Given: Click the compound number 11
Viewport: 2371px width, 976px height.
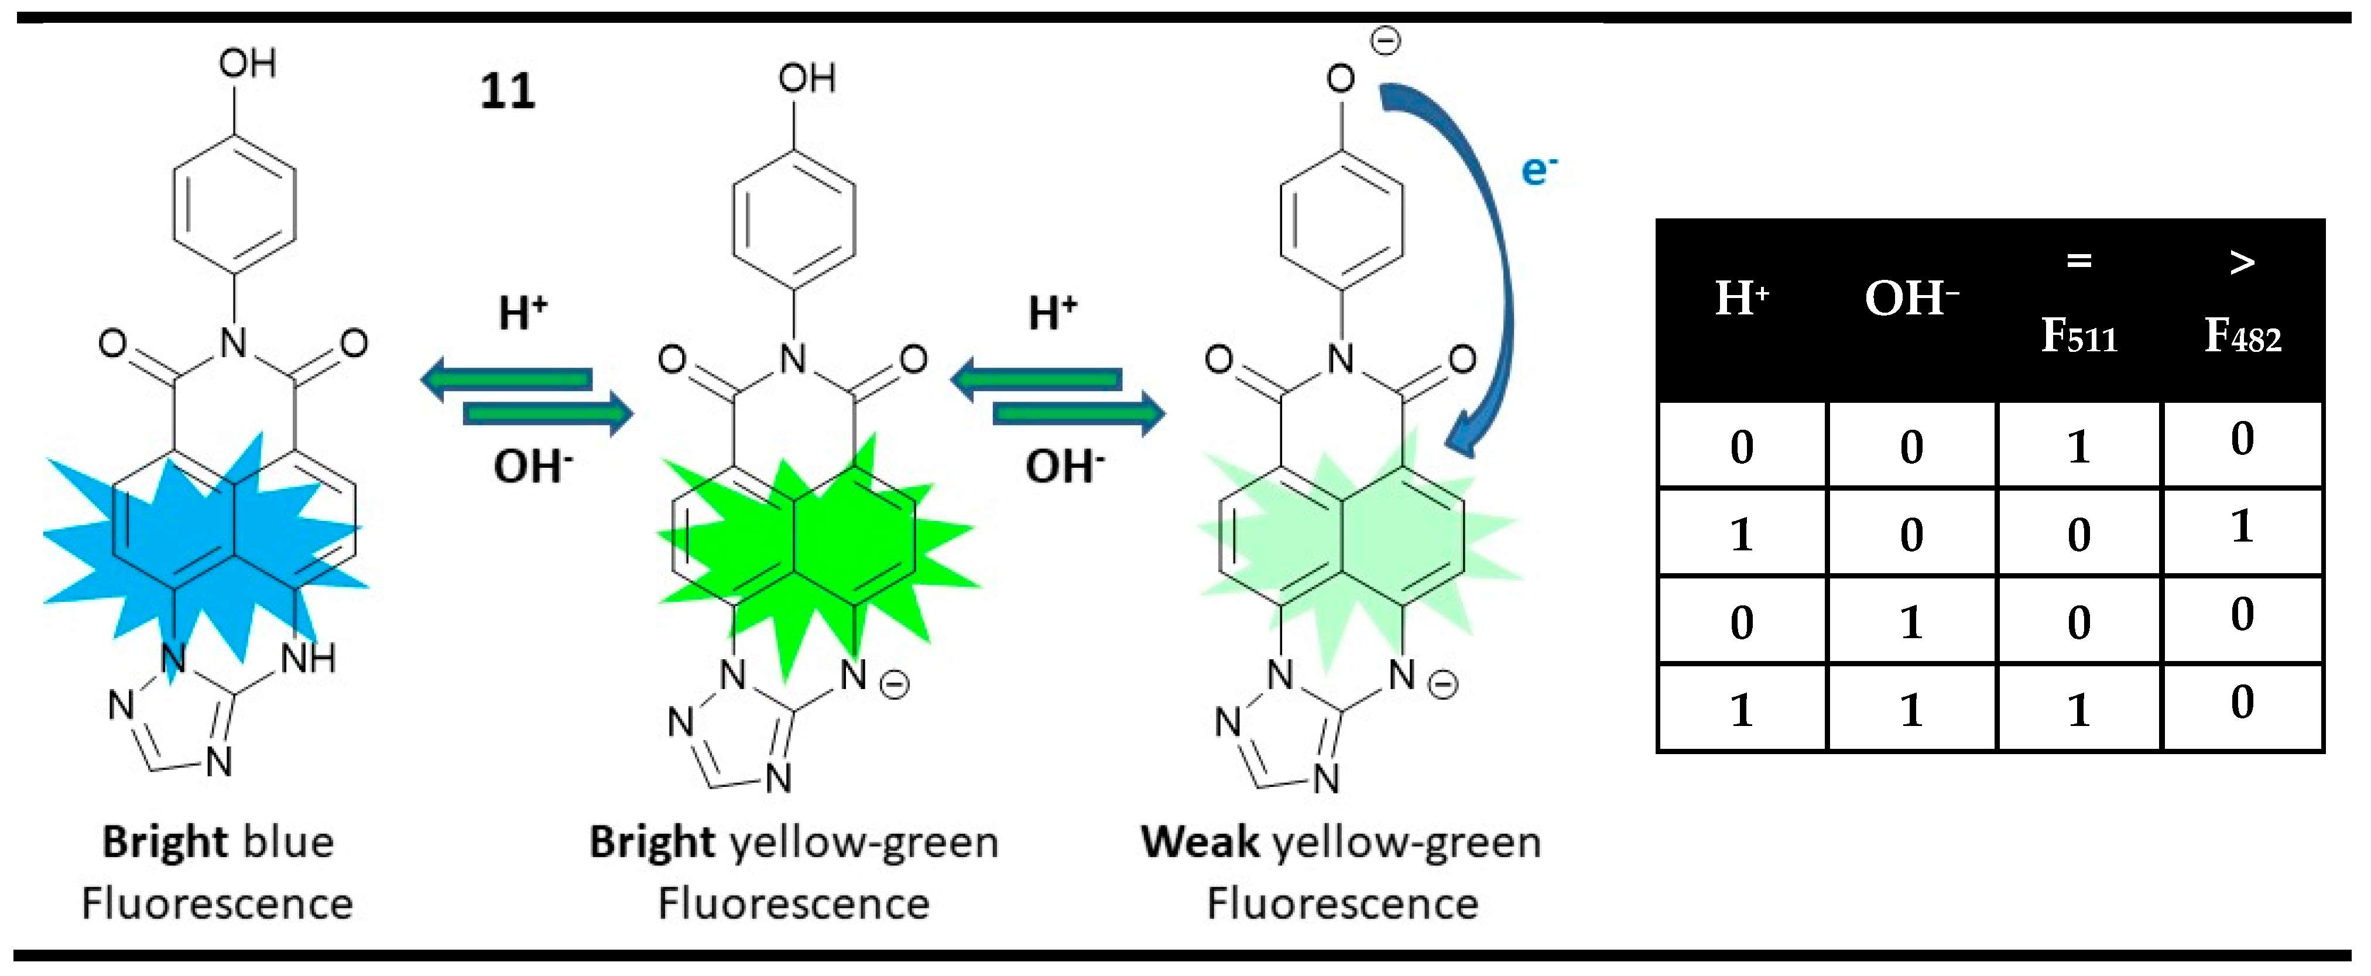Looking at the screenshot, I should (507, 91).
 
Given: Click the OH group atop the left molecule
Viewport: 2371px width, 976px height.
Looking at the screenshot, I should (246, 64).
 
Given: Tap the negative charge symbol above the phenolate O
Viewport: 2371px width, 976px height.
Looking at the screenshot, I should (1386, 40).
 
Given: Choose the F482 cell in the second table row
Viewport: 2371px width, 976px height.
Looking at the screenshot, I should (2242, 529).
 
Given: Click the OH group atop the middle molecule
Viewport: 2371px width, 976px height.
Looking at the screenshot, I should (806, 79).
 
